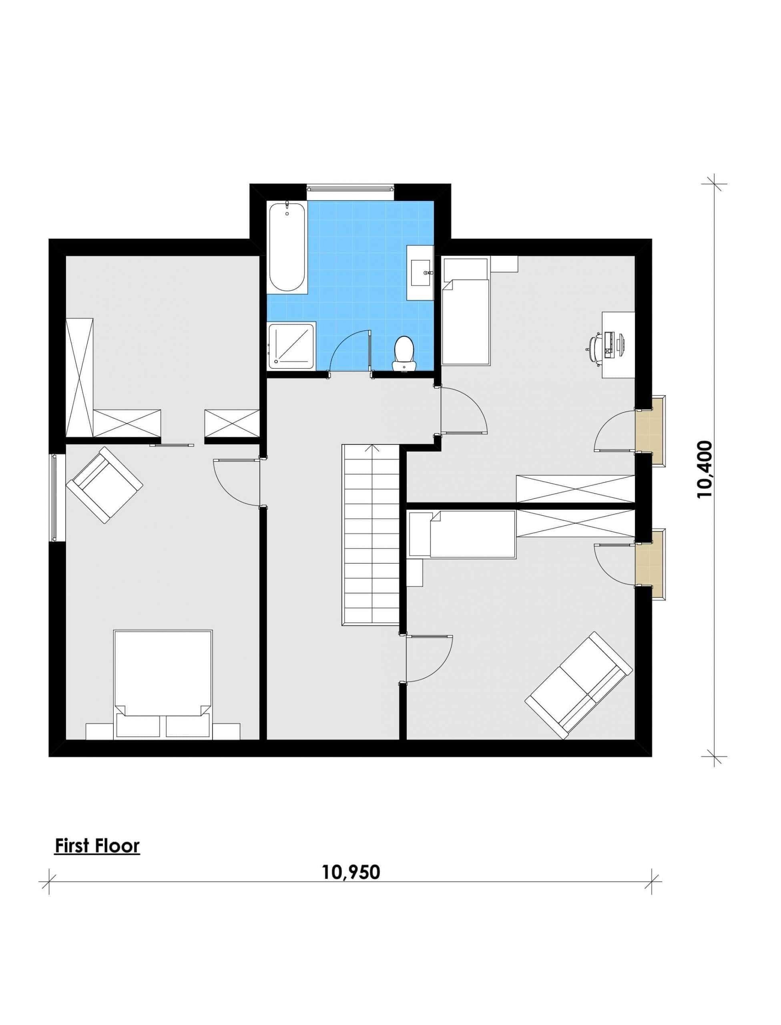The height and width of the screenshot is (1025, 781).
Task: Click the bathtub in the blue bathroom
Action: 287,247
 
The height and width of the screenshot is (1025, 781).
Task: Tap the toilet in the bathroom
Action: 404,354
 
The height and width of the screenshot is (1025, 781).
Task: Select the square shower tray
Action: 292,346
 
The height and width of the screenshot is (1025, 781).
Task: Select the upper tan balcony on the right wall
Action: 650,430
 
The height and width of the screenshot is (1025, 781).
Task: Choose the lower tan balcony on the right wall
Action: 650,564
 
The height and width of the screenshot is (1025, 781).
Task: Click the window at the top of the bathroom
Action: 351,188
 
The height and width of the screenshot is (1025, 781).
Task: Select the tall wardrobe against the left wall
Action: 80,377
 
